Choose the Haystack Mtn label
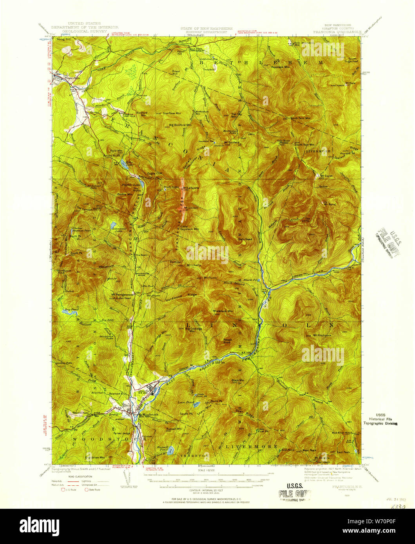coord(280,67)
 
